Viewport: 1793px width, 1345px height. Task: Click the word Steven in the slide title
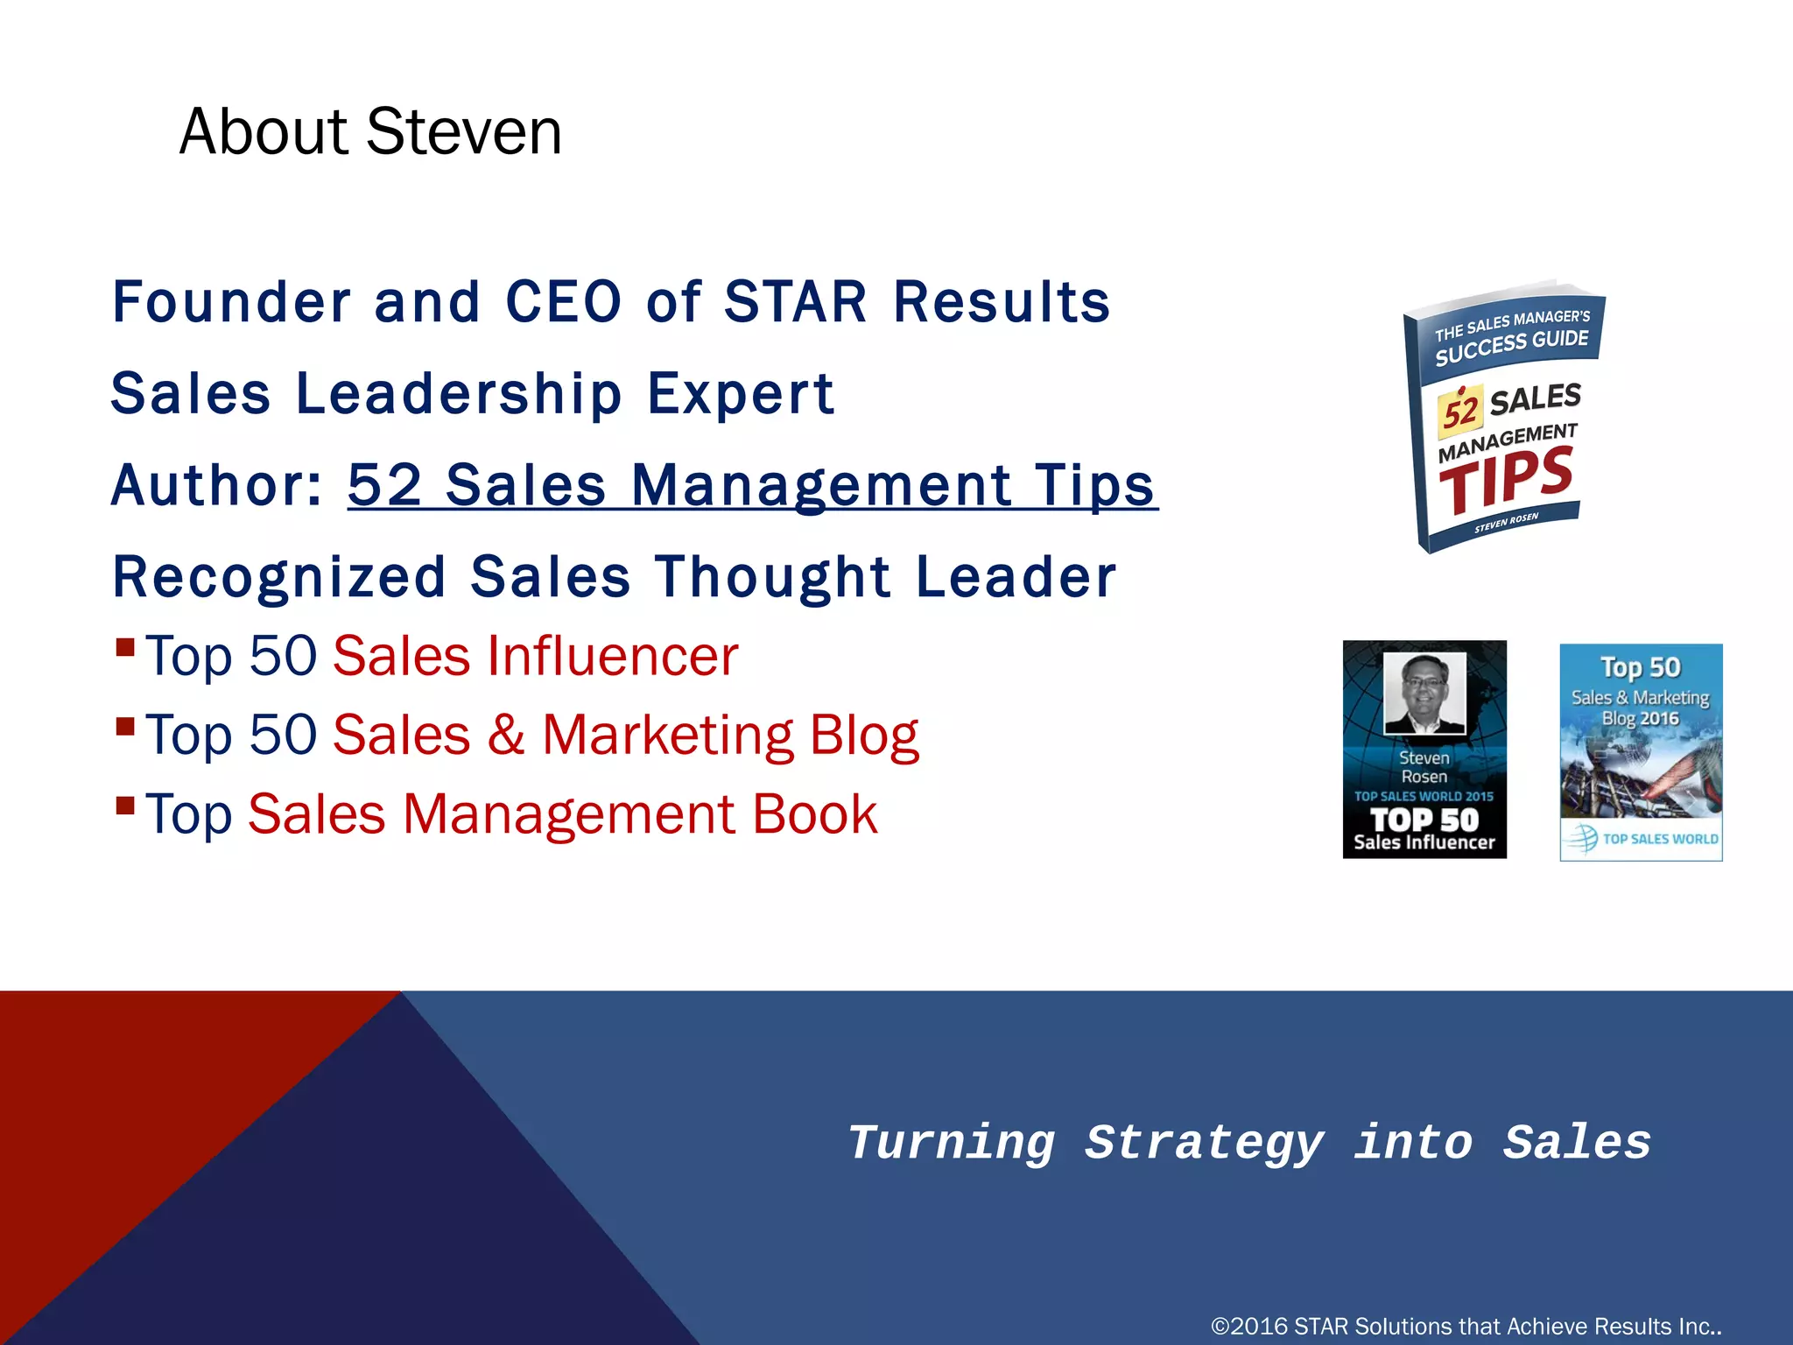click(464, 132)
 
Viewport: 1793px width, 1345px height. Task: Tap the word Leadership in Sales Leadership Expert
click(459, 394)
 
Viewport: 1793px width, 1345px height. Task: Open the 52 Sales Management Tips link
click(752, 486)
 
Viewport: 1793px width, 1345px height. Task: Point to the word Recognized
click(279, 578)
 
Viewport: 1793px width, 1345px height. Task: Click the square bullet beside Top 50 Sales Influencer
click(125, 648)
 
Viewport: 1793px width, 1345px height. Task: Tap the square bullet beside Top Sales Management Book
click(125, 805)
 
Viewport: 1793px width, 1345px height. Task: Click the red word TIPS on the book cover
click(1506, 479)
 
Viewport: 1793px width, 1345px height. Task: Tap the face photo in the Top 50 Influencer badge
click(1424, 692)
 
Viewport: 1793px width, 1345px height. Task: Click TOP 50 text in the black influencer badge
click(1424, 820)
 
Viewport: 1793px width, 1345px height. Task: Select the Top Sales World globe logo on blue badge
click(1582, 838)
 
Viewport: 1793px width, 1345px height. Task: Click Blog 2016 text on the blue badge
click(1640, 719)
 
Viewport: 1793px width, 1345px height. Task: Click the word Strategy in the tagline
click(1204, 1144)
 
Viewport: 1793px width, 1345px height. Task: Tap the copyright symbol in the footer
click(1220, 1327)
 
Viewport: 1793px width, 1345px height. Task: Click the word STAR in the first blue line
click(795, 303)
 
